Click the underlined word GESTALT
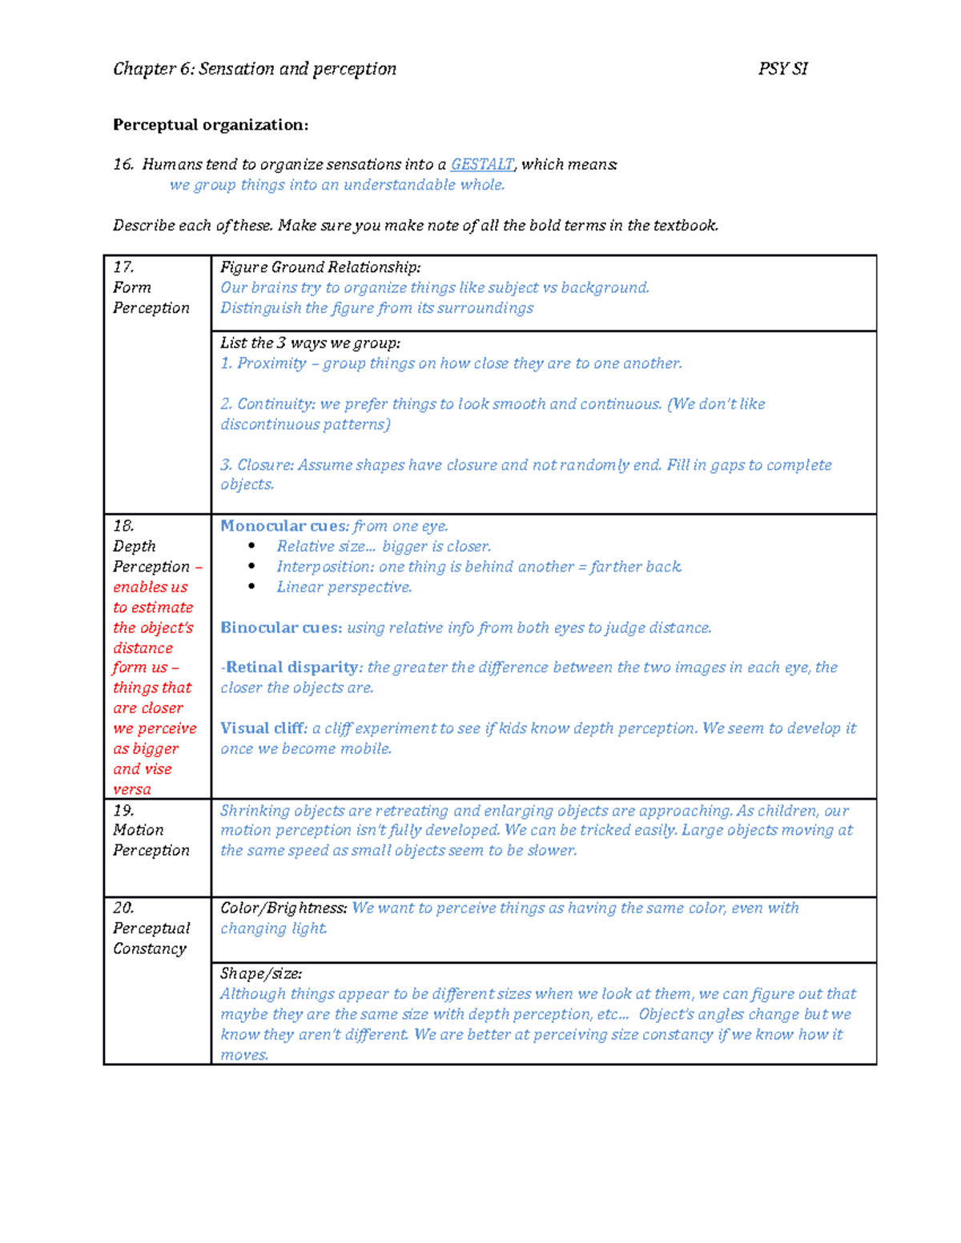click(x=482, y=164)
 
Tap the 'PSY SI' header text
click(x=782, y=69)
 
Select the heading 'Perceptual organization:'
click(x=210, y=125)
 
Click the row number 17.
click(x=123, y=267)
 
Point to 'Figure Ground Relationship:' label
click(x=320, y=267)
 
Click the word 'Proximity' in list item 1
click(x=271, y=363)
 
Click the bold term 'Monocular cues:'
click(x=284, y=526)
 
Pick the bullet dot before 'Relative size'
click(x=251, y=546)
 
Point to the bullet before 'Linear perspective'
click(x=251, y=587)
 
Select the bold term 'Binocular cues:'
click(x=281, y=628)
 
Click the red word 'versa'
click(x=132, y=789)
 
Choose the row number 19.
click(x=123, y=810)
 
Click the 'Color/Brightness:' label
click(x=283, y=908)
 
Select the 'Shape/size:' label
click(x=261, y=973)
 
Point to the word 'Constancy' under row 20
click(x=150, y=948)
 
